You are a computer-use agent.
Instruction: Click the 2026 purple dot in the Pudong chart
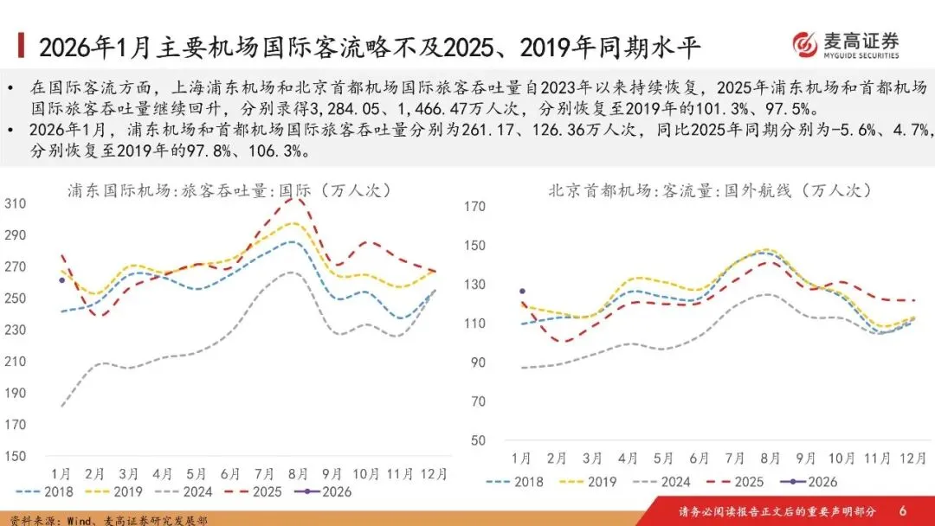(61, 279)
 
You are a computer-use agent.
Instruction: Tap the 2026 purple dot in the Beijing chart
(522, 292)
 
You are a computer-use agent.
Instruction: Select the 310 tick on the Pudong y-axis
(16, 203)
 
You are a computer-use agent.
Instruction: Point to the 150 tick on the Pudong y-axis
(16, 456)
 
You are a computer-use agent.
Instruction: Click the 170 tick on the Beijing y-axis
(475, 207)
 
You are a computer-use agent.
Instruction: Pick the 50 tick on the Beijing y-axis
(479, 440)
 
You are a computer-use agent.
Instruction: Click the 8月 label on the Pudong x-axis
(298, 474)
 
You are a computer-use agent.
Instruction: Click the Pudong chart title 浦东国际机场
(121, 190)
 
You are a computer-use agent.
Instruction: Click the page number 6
(903, 510)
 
